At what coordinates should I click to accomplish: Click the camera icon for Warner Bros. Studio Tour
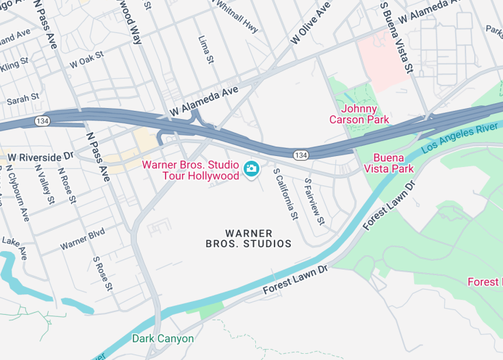point(251,168)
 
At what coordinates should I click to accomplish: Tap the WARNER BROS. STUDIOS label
point(248,238)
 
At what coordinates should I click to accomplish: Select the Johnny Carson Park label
point(359,114)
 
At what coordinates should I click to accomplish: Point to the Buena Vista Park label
point(389,163)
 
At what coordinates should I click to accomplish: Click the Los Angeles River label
point(459,137)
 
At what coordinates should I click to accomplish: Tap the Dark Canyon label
point(163,338)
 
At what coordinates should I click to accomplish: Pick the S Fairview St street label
point(313,202)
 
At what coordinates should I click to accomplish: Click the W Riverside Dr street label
point(40,157)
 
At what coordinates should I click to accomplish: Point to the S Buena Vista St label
point(397,38)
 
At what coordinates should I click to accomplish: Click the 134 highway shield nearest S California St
point(300,155)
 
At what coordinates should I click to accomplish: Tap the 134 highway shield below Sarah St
point(42,121)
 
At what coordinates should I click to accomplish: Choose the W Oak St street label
point(86,61)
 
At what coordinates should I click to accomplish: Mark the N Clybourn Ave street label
point(23,192)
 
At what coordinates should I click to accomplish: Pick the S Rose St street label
point(102,274)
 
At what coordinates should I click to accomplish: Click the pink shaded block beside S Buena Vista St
point(383,60)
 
